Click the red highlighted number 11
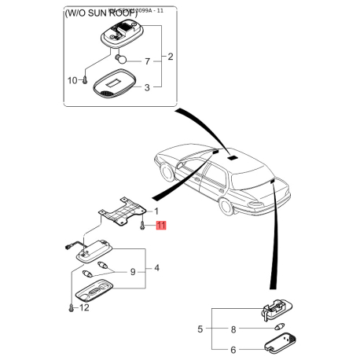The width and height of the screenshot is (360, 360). click(161, 226)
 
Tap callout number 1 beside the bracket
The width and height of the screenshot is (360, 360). click(156, 211)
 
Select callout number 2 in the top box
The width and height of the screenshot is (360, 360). click(170, 58)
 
